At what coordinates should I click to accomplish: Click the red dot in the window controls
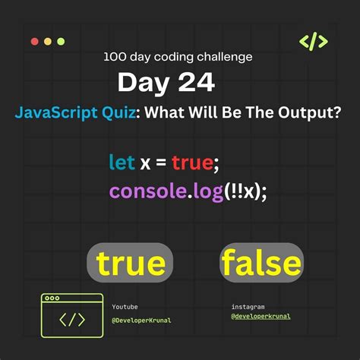[x=34, y=41]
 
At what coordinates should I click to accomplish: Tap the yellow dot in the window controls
[x=48, y=41]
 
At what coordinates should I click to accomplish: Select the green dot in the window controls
[x=61, y=41]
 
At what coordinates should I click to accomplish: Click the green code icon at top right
[x=314, y=42]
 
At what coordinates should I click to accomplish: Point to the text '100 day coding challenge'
[x=178, y=56]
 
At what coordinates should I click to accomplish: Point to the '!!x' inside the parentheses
[x=248, y=191]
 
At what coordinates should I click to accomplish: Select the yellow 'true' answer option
[x=131, y=263]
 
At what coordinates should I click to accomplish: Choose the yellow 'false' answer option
[x=261, y=263]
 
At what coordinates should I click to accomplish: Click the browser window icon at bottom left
[x=72, y=315]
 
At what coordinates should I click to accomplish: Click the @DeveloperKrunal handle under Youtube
[x=141, y=320]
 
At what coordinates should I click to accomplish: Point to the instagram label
[x=248, y=307]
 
